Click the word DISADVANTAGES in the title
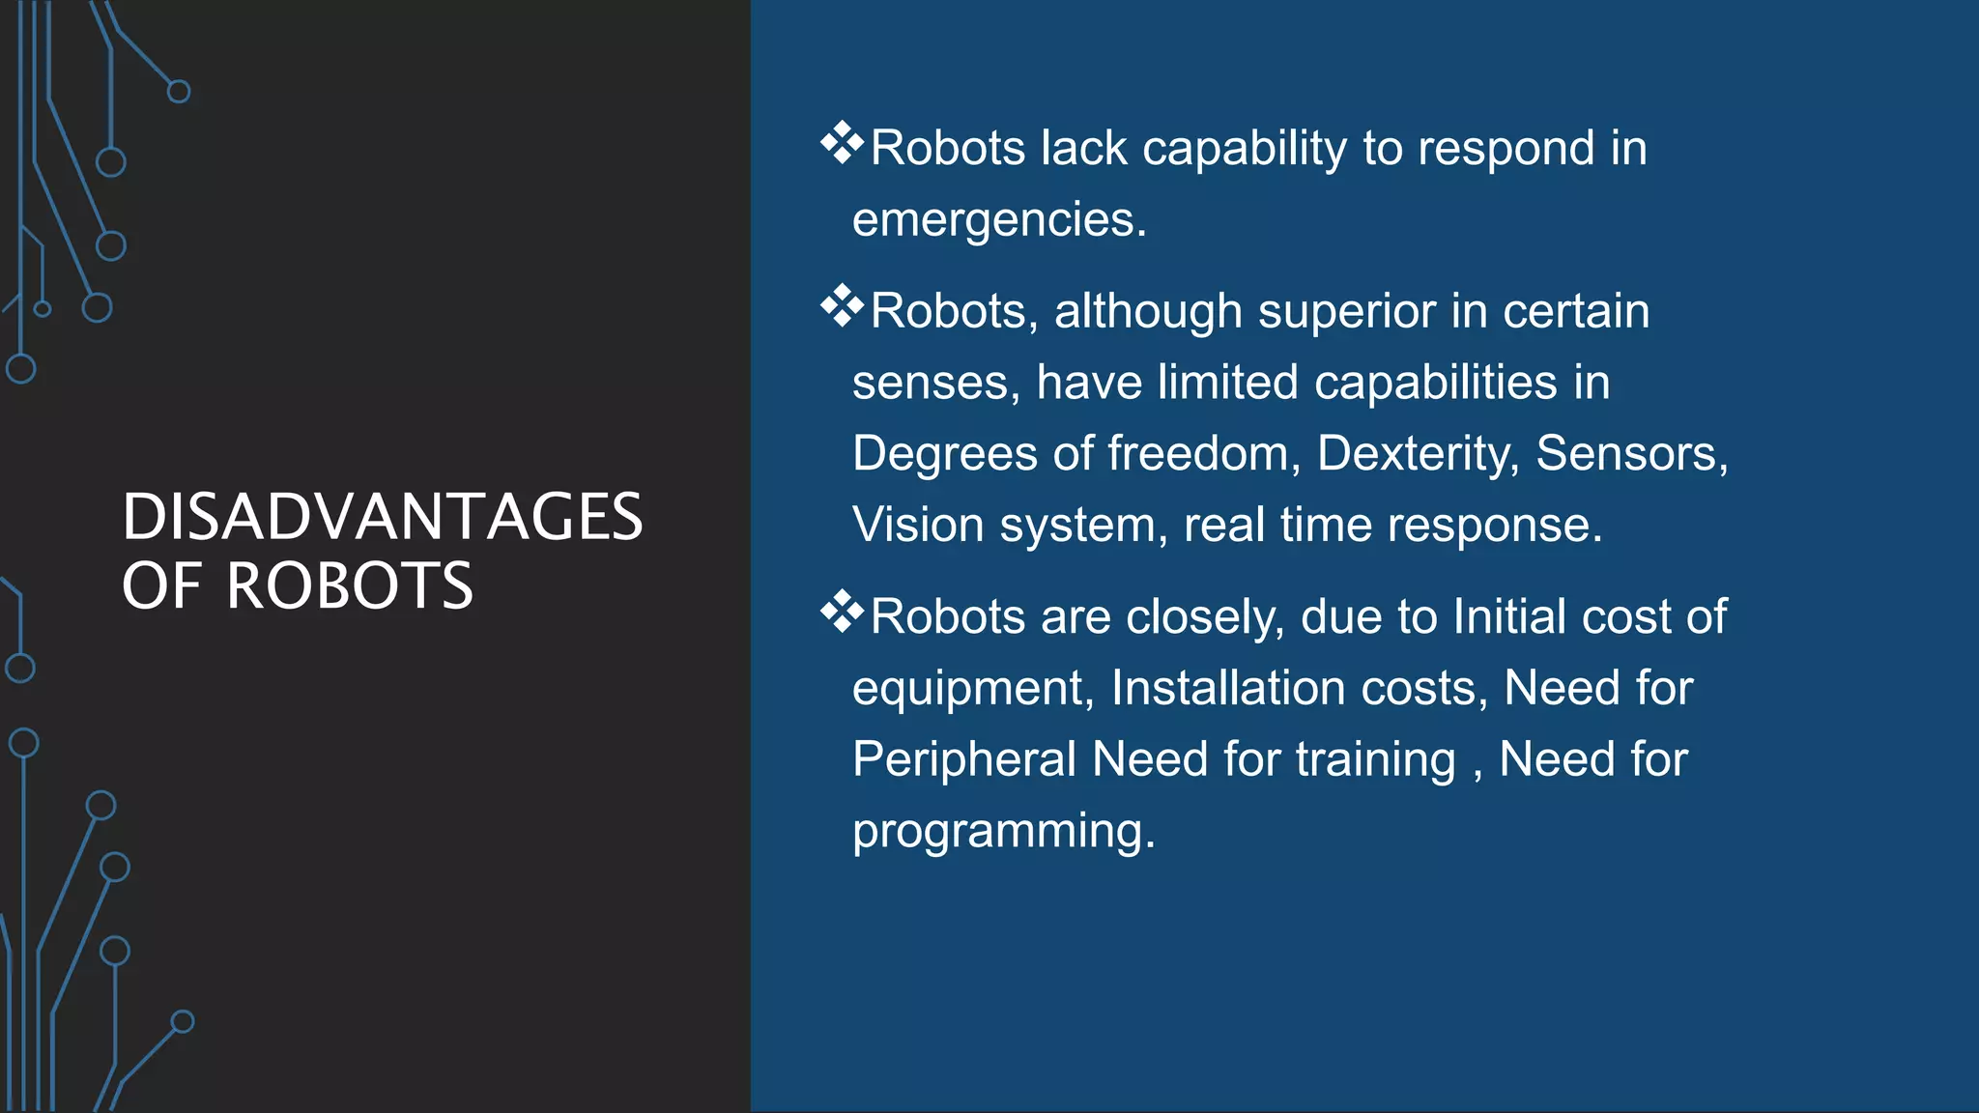tap(382, 517)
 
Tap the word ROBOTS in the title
tap(349, 586)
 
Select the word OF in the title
tap(161, 586)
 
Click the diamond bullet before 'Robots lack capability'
tap(842, 144)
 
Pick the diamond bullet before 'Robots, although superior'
tap(842, 307)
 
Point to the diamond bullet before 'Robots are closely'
tap(842, 613)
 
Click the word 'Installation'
tap(1228, 689)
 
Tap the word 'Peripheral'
tap(964, 759)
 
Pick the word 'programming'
tap(1003, 832)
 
